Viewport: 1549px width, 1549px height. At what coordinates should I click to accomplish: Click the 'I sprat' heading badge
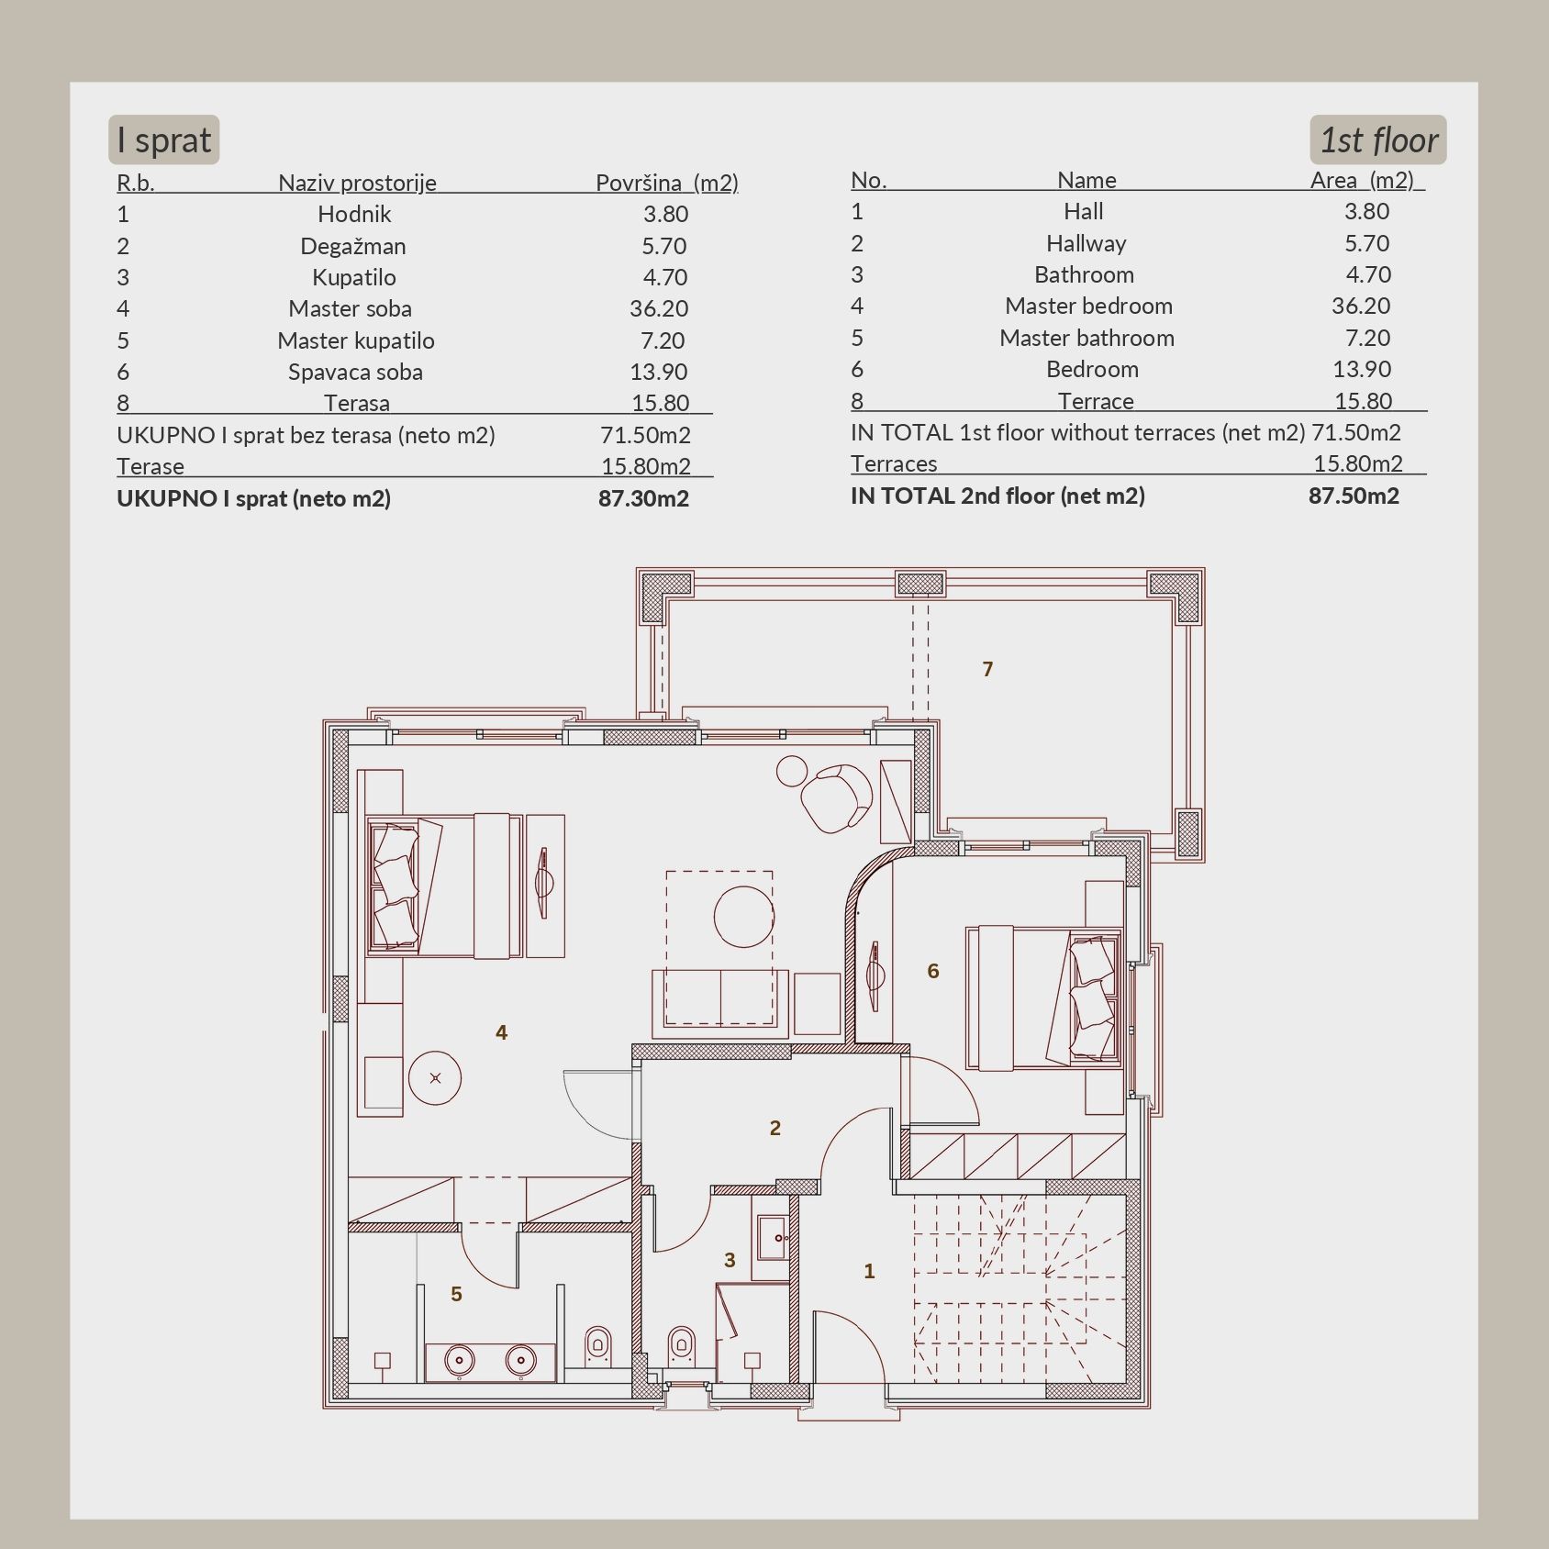pos(163,139)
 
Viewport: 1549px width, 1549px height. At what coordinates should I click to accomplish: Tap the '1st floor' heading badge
pos(1377,139)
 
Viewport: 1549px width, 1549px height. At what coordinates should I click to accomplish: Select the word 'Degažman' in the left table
pos(353,246)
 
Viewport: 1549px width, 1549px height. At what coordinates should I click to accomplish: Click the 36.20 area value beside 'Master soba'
pos(659,308)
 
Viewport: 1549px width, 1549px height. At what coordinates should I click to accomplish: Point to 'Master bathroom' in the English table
pos(1087,338)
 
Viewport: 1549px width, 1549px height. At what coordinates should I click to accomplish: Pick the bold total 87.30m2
pos(643,498)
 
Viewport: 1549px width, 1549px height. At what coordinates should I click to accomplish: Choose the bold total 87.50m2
pos(1354,496)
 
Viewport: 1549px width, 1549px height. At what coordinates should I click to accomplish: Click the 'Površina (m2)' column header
pos(667,183)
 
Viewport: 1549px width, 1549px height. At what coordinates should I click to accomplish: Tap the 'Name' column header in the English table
pos(1087,180)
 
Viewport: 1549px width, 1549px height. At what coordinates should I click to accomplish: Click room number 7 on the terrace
pos(987,669)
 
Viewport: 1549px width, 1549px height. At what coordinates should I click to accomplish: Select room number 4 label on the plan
pos(501,1032)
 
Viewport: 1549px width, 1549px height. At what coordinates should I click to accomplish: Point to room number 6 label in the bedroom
pos(933,971)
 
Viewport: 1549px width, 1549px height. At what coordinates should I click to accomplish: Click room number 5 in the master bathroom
pos(456,1294)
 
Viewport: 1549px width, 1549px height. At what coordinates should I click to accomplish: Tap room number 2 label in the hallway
pos(775,1128)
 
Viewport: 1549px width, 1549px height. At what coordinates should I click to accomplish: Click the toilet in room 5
pos(598,1346)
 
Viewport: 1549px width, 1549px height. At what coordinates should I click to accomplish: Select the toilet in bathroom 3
pos(680,1346)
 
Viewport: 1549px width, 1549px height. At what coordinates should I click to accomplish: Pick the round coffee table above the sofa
pos(744,915)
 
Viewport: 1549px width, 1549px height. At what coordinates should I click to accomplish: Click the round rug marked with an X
pos(435,1078)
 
